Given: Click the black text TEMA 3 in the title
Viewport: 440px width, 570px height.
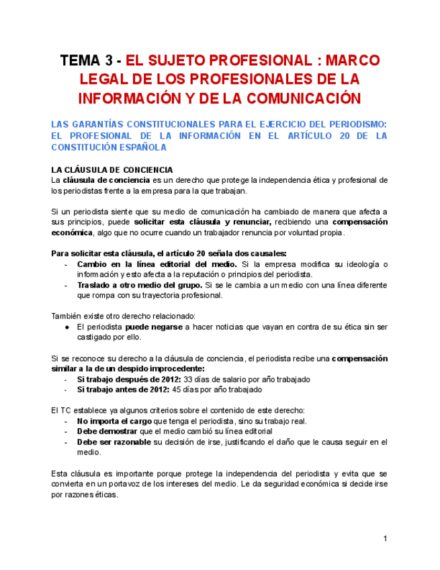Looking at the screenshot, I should pyautogui.click(x=88, y=60).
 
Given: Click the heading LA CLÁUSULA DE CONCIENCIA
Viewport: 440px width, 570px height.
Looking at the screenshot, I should pyautogui.click(x=112, y=170).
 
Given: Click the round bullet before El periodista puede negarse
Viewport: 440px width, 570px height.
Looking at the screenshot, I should pyautogui.click(x=69, y=327).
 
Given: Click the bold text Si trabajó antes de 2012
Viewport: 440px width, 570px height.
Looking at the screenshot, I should pyautogui.click(x=124, y=389).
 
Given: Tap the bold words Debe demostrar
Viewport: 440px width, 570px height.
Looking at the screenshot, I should pyautogui.click(x=107, y=431).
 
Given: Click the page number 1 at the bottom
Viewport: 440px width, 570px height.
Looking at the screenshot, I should pyautogui.click(x=386, y=538).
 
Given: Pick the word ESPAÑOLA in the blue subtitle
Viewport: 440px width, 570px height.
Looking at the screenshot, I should pyautogui.click(x=138, y=147).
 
